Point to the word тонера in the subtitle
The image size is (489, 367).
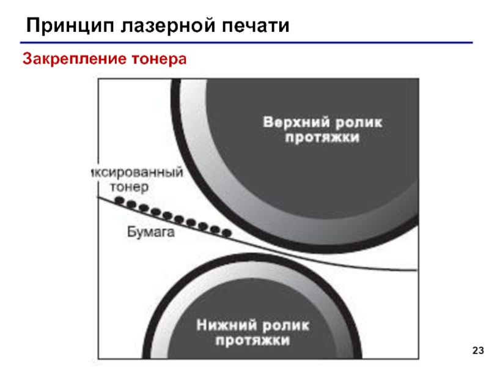[154, 59]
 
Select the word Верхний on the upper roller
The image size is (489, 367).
[293, 122]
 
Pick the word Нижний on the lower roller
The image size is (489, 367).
[223, 323]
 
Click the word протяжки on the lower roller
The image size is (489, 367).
[252, 338]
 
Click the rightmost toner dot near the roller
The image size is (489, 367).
[226, 232]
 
